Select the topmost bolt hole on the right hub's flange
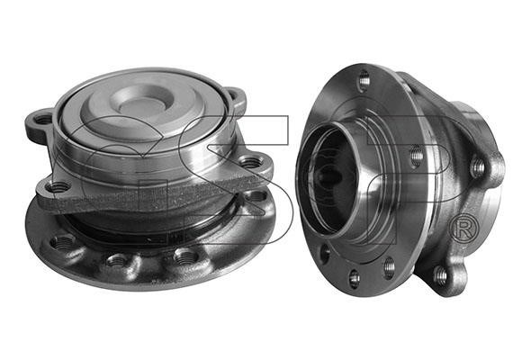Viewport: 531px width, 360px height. (x=364, y=81)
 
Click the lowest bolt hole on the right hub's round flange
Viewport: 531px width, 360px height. (x=355, y=279)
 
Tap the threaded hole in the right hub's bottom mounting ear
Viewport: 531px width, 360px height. (x=441, y=273)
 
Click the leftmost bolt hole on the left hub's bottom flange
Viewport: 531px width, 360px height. (x=62, y=241)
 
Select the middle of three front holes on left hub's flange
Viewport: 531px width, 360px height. (x=117, y=260)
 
